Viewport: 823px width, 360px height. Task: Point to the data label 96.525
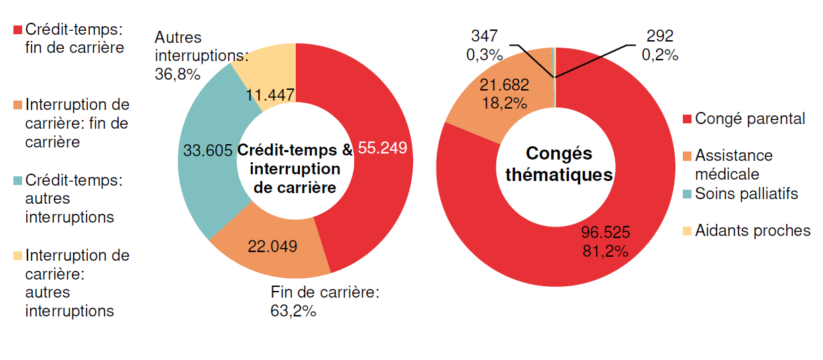coord(605,233)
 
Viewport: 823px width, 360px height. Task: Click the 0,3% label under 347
coord(484,55)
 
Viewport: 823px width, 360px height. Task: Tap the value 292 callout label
coord(659,37)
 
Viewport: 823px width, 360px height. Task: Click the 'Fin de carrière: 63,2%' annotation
coord(325,302)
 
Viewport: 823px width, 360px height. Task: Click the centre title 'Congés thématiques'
coord(559,164)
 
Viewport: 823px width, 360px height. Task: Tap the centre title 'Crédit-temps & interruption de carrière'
coord(295,169)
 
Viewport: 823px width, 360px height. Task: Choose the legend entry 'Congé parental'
coord(750,119)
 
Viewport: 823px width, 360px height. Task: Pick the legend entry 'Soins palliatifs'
coord(747,194)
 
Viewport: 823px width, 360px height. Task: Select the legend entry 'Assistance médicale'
coord(734,164)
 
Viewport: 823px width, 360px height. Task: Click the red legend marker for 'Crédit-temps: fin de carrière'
coord(18,30)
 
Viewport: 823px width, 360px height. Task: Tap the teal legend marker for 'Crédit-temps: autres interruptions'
coord(18,180)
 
